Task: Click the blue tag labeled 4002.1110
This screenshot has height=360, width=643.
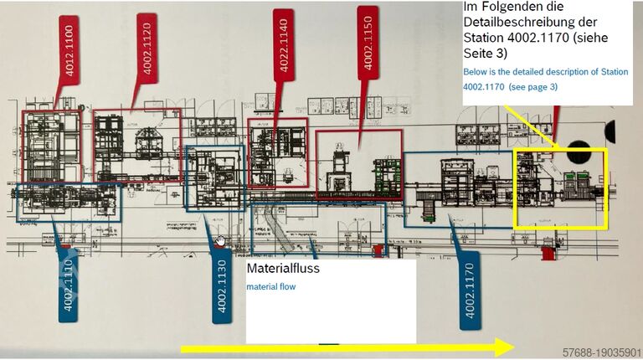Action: pyautogui.click(x=68, y=279)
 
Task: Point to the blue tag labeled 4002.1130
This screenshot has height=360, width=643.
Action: pyautogui.click(x=222, y=285)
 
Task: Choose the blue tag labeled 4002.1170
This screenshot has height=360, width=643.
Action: pyautogui.click(x=470, y=289)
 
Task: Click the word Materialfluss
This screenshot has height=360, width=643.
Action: pyautogui.click(x=283, y=270)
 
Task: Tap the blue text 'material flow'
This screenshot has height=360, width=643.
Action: pyautogui.click(x=270, y=287)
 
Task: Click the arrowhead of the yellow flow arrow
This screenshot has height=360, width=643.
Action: pyautogui.click(x=502, y=347)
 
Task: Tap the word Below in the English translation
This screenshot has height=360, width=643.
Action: pyautogui.click(x=476, y=72)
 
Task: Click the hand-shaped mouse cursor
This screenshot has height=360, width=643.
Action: pyautogui.click(x=220, y=241)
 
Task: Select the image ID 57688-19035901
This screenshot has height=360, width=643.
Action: pyautogui.click(x=600, y=352)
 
